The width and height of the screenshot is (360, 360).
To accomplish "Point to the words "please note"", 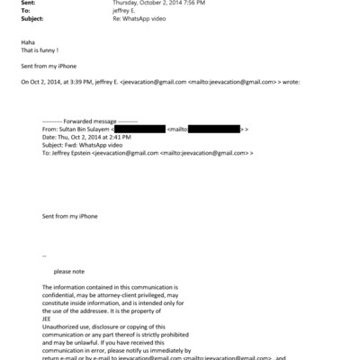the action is pyautogui.click(x=67, y=271).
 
